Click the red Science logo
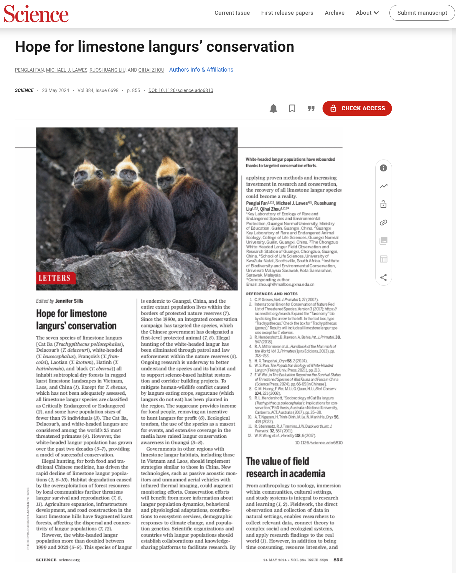36,14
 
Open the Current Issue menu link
232,13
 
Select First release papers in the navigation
287,13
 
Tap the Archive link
334,13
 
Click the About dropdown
367,13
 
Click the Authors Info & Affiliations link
201,70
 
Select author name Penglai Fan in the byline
29,70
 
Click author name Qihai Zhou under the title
151,70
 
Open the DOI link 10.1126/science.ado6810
181,90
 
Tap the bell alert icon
274,108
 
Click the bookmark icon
292,108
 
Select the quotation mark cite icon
311,108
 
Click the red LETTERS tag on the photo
55,278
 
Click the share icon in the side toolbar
383,277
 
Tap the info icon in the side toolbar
383,168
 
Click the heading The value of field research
285,467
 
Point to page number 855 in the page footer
338,560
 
